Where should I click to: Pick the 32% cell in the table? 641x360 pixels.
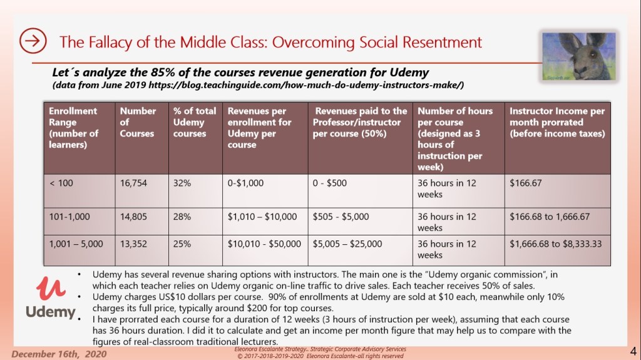pos(182,183)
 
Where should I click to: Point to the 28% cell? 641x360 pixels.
pos(182,217)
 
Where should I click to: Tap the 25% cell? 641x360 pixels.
pos(182,244)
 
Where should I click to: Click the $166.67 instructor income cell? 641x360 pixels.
pos(526,183)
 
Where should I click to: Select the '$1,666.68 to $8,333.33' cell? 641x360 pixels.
pos(556,244)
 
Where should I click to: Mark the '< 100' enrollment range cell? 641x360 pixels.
pos(61,183)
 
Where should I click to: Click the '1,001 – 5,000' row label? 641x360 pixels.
pos(76,244)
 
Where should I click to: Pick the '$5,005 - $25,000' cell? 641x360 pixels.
pos(348,244)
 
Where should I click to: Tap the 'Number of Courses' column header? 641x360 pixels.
pos(138,122)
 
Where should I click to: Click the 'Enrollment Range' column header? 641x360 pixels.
pos(74,128)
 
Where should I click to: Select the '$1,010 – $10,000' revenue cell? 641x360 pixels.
pos(262,217)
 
